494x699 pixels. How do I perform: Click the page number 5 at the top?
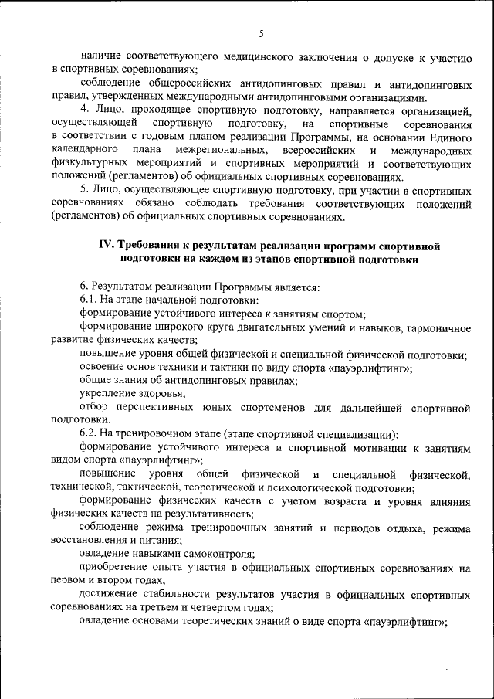pyautogui.click(x=261, y=32)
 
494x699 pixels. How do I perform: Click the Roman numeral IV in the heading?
pyautogui.click(x=107, y=245)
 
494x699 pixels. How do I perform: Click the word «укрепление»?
pyautogui.click(x=108, y=394)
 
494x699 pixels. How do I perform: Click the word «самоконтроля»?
pyautogui.click(x=218, y=555)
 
